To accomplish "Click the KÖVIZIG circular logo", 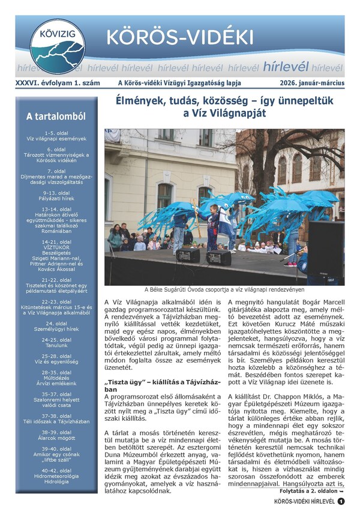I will point(58,46).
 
